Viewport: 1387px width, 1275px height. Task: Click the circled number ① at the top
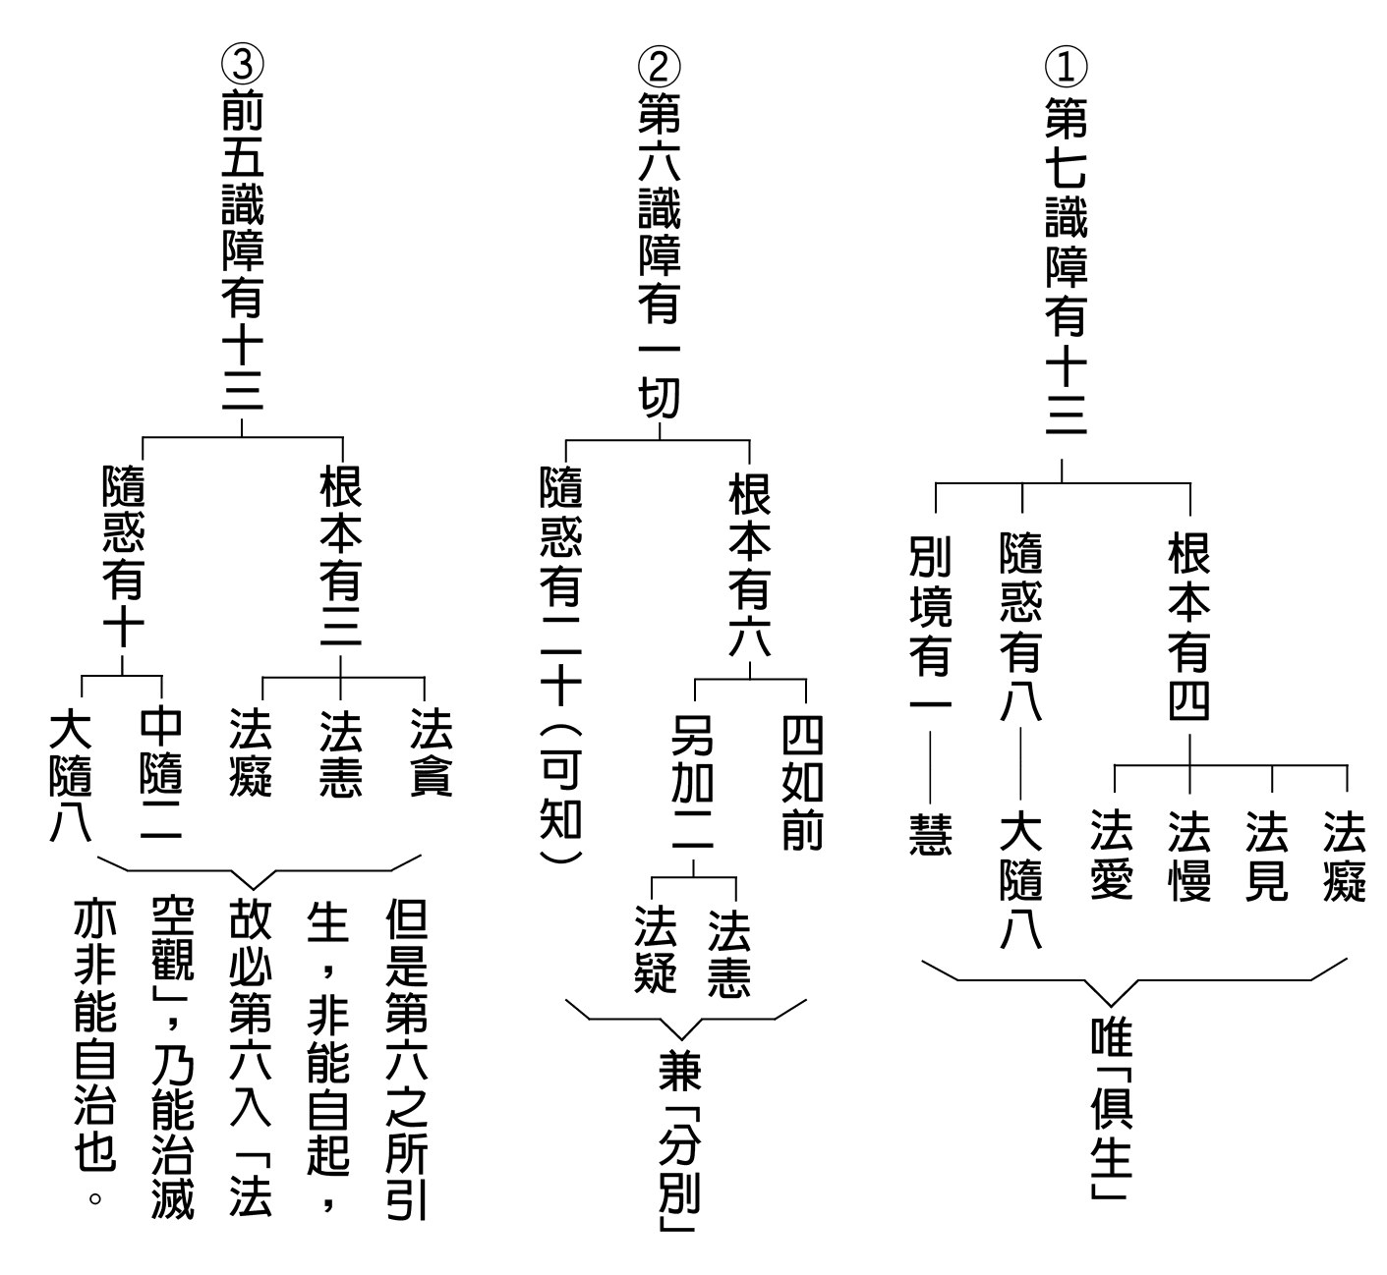[x=1066, y=67]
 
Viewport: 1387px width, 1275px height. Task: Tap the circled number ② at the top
[x=659, y=67]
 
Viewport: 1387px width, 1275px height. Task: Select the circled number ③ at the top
[x=242, y=63]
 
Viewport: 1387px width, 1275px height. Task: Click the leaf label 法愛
[x=1111, y=855]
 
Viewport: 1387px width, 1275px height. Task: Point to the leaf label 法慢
[x=1189, y=855]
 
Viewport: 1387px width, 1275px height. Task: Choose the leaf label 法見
[x=1267, y=855]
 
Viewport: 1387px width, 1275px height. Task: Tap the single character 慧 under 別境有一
[x=930, y=834]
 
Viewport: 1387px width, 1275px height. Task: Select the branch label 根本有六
[x=749, y=564]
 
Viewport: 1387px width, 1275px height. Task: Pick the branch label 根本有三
[x=340, y=556]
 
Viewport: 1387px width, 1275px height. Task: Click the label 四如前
[x=802, y=782]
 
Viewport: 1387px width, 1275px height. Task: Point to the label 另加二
[x=692, y=782]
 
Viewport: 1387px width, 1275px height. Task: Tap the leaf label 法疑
[x=655, y=950]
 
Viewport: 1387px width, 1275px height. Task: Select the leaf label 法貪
[x=431, y=751]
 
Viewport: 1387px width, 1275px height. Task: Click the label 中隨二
[x=160, y=774]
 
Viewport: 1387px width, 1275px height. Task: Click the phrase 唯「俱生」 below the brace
[x=1111, y=1110]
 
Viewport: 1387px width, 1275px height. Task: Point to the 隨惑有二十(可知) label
[x=560, y=663]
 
